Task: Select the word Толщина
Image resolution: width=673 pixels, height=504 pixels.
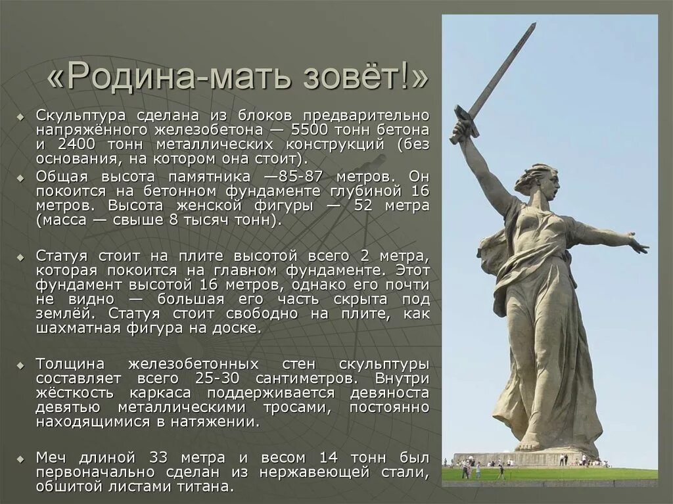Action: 67,363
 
